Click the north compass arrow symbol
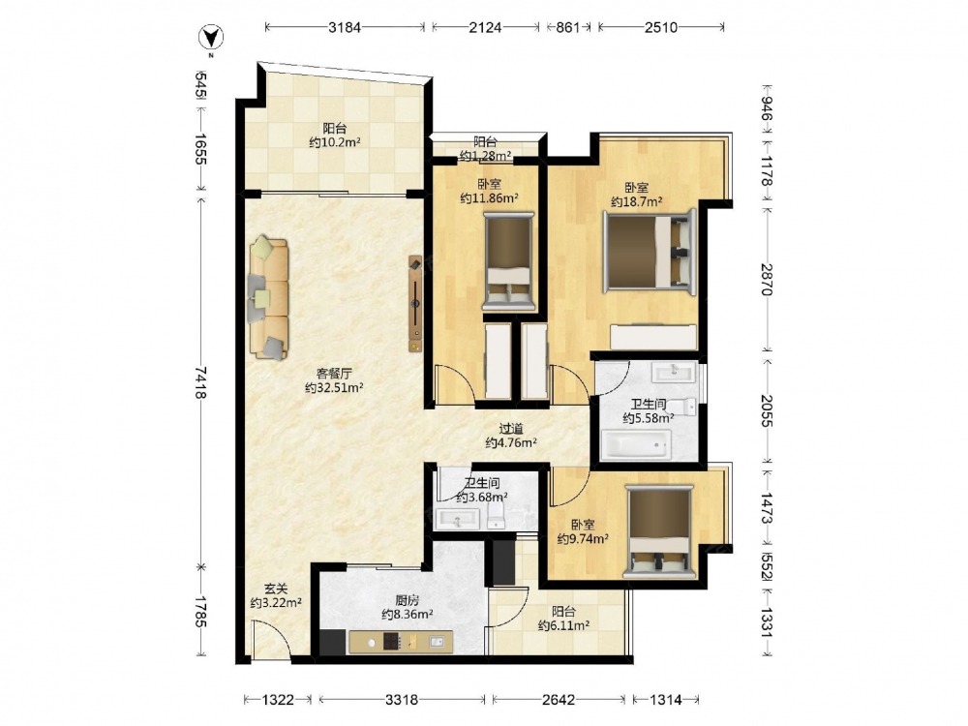point(210,38)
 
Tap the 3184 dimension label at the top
point(345,27)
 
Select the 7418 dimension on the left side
point(200,382)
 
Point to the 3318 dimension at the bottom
point(402,700)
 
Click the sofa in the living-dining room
point(268,297)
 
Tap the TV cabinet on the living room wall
point(415,303)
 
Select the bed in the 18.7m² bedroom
point(650,251)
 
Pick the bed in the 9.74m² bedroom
point(659,531)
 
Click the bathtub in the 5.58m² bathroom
point(636,444)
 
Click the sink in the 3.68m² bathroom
point(458,519)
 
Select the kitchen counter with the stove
point(401,642)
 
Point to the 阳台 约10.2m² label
point(335,136)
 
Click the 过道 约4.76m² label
point(510,436)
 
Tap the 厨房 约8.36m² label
point(407,607)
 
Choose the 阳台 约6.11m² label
point(563,619)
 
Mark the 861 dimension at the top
point(568,27)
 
